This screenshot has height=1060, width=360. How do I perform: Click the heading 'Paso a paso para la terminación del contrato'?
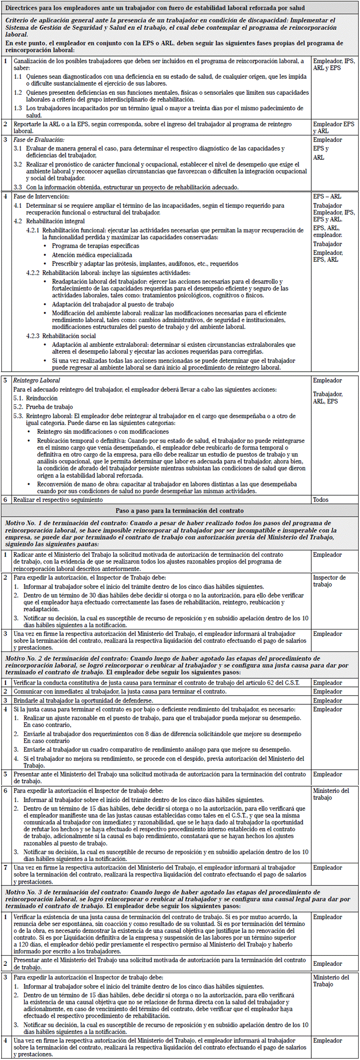180,511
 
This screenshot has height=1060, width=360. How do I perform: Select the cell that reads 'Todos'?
320,500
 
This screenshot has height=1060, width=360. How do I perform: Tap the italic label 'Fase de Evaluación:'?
39,140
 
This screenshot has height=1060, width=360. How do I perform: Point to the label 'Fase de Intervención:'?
41,196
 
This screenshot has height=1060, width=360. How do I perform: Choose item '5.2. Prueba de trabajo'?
43,407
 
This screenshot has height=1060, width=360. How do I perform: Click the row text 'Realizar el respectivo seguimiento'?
58,500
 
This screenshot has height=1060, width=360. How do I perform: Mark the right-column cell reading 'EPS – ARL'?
327,196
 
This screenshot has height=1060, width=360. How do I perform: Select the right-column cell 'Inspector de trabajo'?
329,581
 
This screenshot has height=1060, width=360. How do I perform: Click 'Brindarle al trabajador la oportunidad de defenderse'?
83,701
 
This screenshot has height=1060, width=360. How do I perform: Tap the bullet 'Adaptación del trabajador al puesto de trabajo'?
113,304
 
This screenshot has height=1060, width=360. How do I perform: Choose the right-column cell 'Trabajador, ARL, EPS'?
328,398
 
